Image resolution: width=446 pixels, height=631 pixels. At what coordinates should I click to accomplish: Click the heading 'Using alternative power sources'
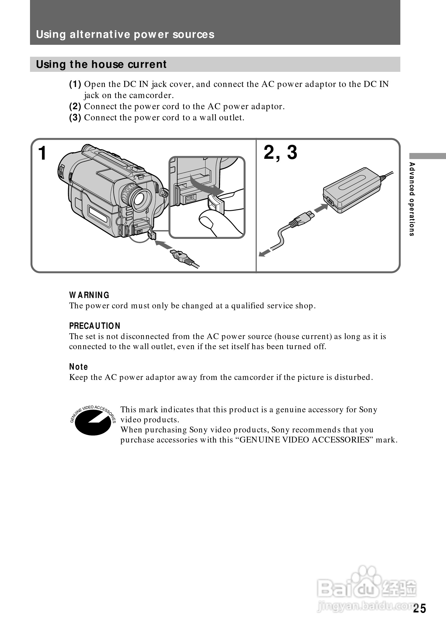click(125, 35)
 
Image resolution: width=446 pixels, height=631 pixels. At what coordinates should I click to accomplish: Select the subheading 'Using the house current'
click(101, 64)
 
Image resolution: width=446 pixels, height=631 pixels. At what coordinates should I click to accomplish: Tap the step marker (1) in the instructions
click(75, 84)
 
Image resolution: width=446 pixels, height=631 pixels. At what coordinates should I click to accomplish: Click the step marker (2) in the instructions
click(75, 106)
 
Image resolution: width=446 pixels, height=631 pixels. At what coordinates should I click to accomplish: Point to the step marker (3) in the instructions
click(75, 118)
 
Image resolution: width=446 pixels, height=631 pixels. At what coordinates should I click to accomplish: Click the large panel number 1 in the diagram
click(42, 153)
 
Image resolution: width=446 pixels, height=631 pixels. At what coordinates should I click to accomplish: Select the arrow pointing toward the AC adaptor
click(321, 208)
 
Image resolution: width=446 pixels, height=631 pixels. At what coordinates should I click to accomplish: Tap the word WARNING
click(89, 295)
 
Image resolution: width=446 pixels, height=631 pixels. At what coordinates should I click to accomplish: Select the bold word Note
click(78, 367)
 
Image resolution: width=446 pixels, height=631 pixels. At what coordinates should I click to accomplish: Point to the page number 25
click(419, 608)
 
